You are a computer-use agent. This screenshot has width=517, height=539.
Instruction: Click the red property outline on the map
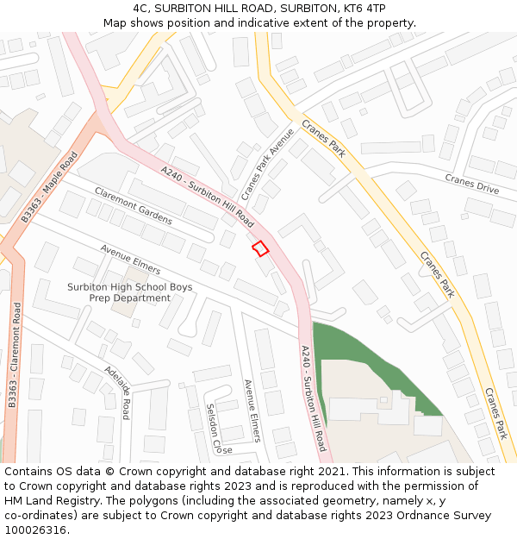point(259,248)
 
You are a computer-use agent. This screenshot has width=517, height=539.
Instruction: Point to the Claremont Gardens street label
point(134,206)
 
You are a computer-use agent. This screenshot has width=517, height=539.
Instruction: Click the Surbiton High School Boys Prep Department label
point(130,292)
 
